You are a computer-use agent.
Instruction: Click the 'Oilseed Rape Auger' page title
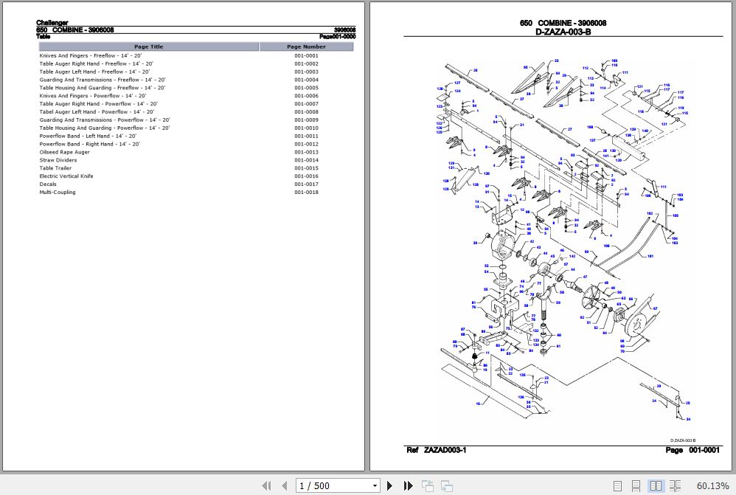click(x=65, y=152)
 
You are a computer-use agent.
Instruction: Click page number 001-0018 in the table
click(x=306, y=193)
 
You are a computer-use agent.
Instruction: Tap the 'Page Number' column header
click(x=306, y=46)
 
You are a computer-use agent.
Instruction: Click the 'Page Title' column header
click(x=148, y=46)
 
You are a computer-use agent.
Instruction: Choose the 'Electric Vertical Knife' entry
click(x=66, y=176)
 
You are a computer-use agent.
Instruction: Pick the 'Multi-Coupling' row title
click(x=58, y=193)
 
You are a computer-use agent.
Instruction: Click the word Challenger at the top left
click(x=52, y=23)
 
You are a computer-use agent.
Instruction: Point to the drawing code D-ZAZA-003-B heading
click(x=563, y=32)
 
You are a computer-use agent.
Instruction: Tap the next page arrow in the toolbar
click(x=390, y=485)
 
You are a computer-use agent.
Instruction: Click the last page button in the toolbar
click(x=408, y=485)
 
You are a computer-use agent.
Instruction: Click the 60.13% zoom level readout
click(x=712, y=485)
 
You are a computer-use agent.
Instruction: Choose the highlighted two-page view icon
click(x=656, y=485)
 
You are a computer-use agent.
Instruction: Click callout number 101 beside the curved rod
click(x=650, y=256)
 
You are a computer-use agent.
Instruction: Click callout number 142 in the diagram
click(x=572, y=256)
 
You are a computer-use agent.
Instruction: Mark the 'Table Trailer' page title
click(x=55, y=168)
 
